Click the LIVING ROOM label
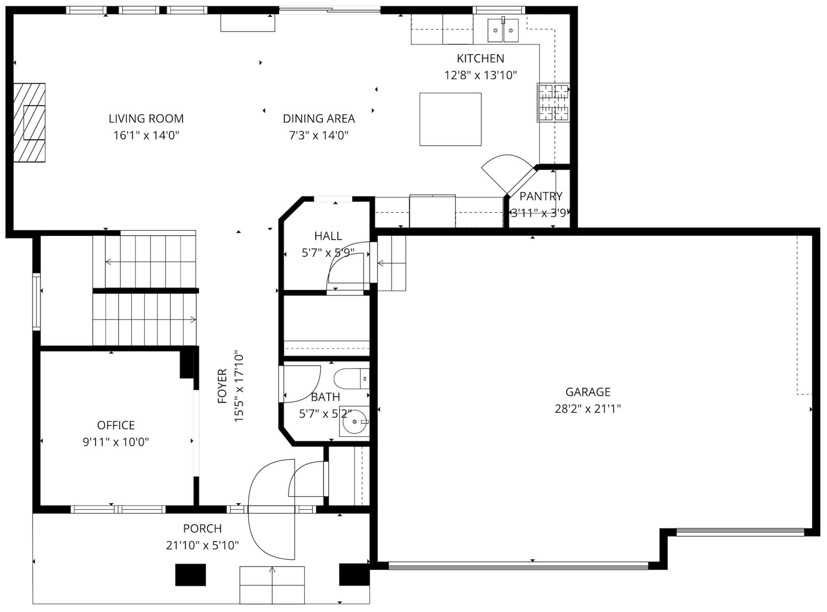click(x=146, y=119)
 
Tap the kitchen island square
click(x=450, y=119)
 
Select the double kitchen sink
click(x=503, y=30)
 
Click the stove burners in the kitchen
click(x=553, y=102)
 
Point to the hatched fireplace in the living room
click(x=29, y=122)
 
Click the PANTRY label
click(x=541, y=196)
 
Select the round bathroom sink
click(x=354, y=421)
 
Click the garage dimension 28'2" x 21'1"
click(x=587, y=409)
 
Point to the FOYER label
click(x=222, y=386)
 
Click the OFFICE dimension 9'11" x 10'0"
click(x=116, y=442)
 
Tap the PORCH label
click(x=202, y=528)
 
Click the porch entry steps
click(x=272, y=585)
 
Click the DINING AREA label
click(x=318, y=119)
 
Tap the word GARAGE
click(x=587, y=392)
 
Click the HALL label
click(x=328, y=236)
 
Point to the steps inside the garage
click(x=392, y=263)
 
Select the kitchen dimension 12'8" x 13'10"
click(x=480, y=75)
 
